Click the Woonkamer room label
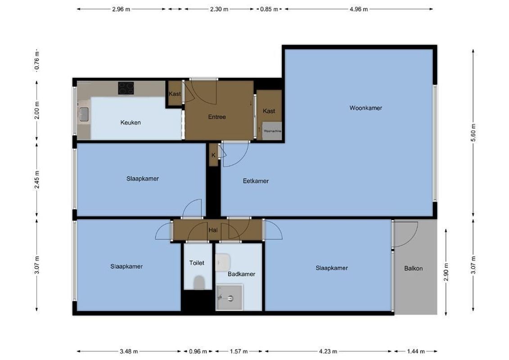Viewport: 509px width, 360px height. (x=365, y=108)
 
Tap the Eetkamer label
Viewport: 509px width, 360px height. (x=256, y=181)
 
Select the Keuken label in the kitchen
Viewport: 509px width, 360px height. (x=131, y=122)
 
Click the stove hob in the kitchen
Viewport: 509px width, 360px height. (x=126, y=88)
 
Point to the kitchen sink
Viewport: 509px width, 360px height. (x=84, y=114)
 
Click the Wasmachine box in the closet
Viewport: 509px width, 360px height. (x=272, y=131)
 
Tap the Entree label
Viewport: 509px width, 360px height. (x=216, y=117)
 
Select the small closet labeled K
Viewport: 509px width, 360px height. (x=213, y=155)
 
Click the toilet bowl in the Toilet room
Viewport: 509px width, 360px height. (x=198, y=282)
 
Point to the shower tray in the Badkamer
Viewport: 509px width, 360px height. (x=229, y=297)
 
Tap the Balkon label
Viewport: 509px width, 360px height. (x=413, y=269)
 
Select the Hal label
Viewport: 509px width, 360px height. (x=213, y=230)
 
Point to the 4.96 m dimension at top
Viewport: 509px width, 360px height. (x=359, y=9)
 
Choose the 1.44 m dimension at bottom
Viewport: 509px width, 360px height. (x=415, y=351)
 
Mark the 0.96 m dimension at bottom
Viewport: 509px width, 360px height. (x=198, y=351)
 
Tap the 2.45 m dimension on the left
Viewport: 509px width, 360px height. (x=37, y=180)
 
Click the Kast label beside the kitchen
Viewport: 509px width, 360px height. (x=175, y=94)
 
